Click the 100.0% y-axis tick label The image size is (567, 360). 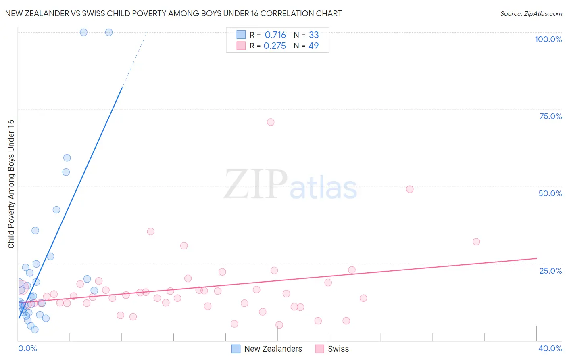pyautogui.click(x=548, y=39)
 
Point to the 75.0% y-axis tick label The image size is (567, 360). pyautogui.click(x=550, y=116)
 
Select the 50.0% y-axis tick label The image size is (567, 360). pyautogui.click(x=550, y=193)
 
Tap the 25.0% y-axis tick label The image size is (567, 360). pyautogui.click(x=550, y=270)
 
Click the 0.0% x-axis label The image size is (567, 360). pyautogui.click(x=27, y=348)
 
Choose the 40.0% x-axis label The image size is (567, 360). pyautogui.click(x=550, y=348)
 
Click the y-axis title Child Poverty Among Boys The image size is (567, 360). pyautogui.click(x=11, y=184)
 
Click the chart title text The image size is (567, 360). pyautogui.click(x=173, y=13)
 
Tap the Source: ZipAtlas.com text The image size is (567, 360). pyautogui.click(x=531, y=13)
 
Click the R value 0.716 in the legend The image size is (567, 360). pyautogui.click(x=275, y=35)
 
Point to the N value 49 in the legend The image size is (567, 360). pyautogui.click(x=313, y=46)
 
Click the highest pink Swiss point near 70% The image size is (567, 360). pyautogui.click(x=271, y=122)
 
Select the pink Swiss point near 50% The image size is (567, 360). pyautogui.click(x=410, y=189)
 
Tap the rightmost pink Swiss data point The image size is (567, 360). pyautogui.click(x=476, y=241)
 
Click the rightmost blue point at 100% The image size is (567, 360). pyautogui.click(x=109, y=32)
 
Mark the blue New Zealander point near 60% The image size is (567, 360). pyautogui.click(x=67, y=158)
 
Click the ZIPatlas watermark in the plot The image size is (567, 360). pyautogui.click(x=290, y=185)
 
